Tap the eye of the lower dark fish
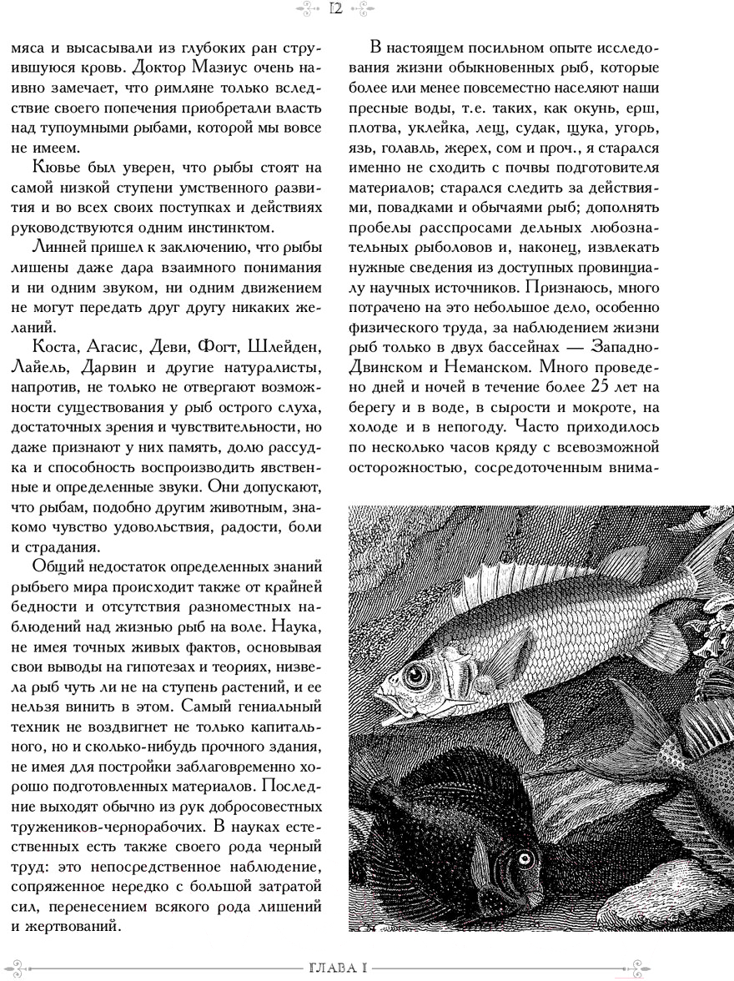pos(524,857)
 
